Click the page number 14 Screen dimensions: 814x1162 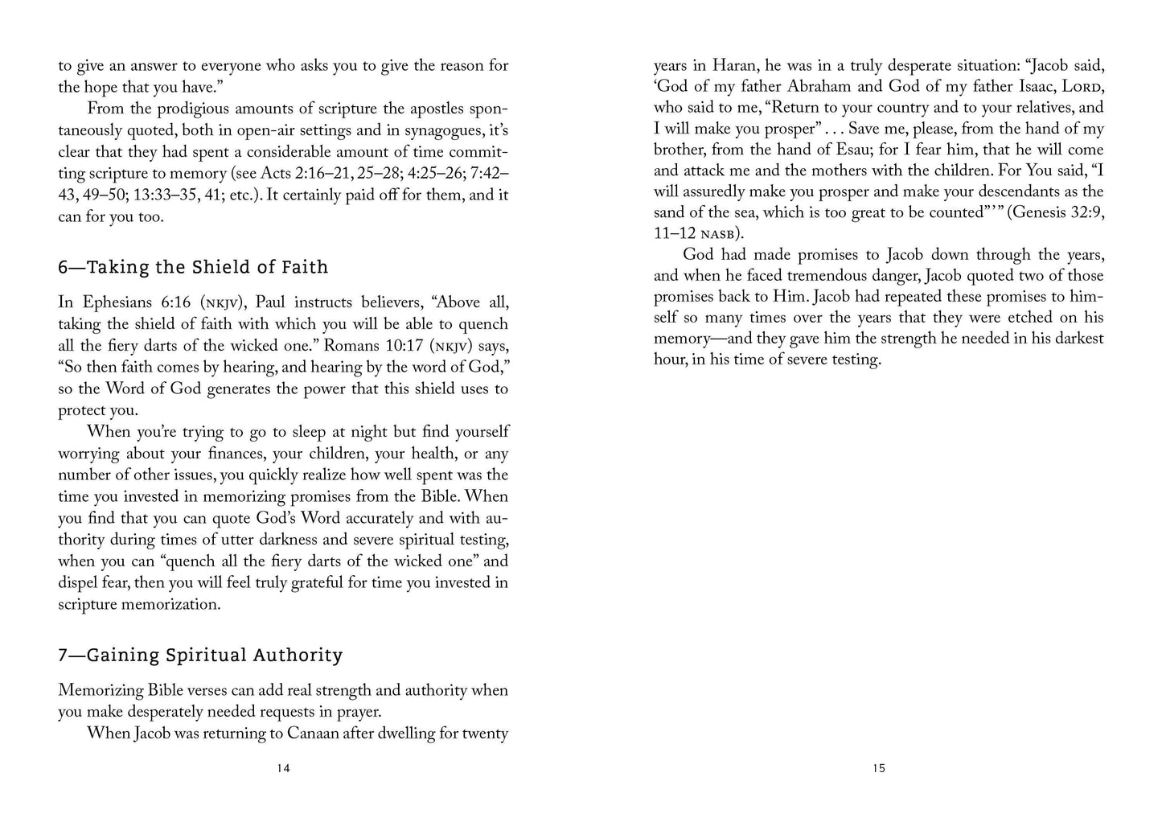click(283, 768)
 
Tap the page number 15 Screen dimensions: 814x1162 click(879, 768)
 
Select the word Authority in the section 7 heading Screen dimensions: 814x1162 click(298, 656)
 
